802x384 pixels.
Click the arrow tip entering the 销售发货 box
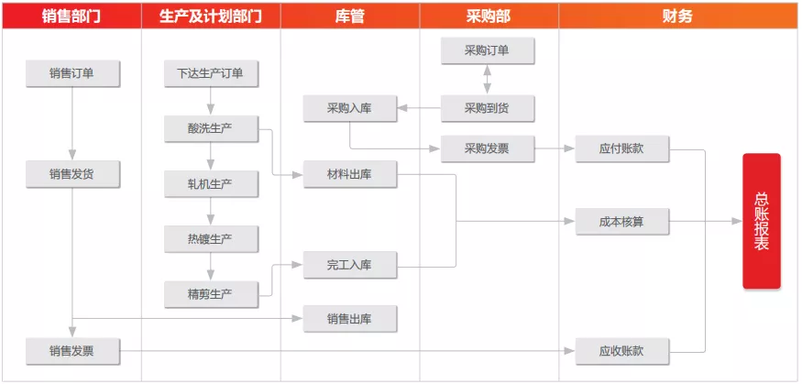click(72, 160)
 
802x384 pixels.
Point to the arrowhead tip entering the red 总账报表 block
click(742, 222)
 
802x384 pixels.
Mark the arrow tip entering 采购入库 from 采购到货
click(398, 108)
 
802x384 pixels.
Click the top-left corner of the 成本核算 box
click(576, 208)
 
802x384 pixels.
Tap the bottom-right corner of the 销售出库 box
click(397, 333)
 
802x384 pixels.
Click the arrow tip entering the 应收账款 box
click(575, 351)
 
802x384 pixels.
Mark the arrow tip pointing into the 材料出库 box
click(302, 175)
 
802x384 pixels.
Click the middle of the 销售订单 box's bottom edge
click(72, 87)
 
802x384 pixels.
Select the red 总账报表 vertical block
click(762, 221)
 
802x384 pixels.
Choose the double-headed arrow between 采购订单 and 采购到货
click(488, 79)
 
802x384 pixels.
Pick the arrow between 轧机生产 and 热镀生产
click(211, 211)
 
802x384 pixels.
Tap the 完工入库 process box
click(350, 265)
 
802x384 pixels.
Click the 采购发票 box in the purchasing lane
click(488, 148)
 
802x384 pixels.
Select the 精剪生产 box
click(211, 294)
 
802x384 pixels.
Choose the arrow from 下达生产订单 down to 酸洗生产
click(211, 101)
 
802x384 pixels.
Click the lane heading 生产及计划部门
click(211, 16)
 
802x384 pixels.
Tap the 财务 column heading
click(677, 16)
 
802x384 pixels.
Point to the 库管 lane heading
click(350, 16)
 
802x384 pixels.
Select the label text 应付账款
click(621, 148)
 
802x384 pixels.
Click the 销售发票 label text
click(71, 351)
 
